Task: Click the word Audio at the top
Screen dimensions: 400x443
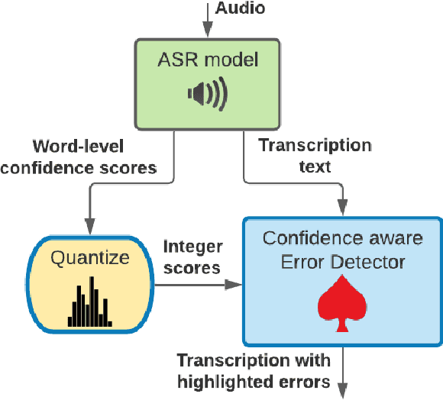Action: pyautogui.click(x=241, y=8)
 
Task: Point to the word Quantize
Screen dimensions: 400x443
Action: pyautogui.click(x=91, y=258)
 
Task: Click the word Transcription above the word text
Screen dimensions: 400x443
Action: pyautogui.click(x=315, y=145)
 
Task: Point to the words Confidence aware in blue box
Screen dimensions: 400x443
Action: pyautogui.click(x=343, y=237)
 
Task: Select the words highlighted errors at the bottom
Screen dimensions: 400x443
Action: pyautogui.click(x=254, y=380)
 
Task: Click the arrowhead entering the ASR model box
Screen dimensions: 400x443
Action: pyautogui.click(x=207, y=30)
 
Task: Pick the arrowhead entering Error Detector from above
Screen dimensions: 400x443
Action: pyautogui.click(x=343, y=208)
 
